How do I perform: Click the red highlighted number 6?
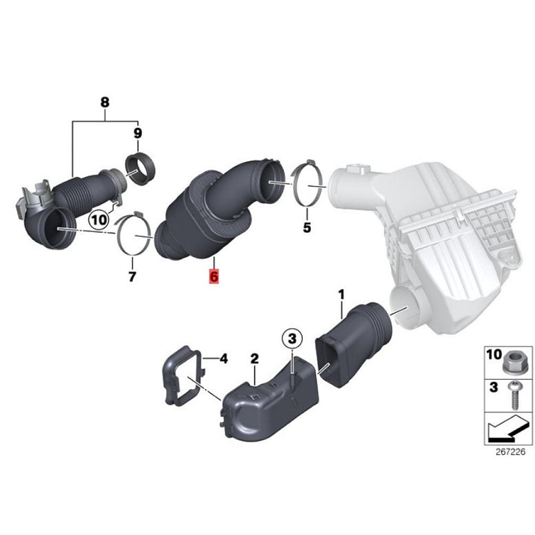[214, 276]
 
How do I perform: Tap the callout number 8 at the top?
[105, 102]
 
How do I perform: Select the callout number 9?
[138, 133]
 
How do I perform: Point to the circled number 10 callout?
[99, 220]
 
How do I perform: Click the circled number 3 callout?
[292, 339]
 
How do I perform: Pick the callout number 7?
[132, 276]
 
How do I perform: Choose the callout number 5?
[307, 227]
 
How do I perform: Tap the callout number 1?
[341, 294]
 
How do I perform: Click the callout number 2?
[255, 358]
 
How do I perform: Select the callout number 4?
[223, 358]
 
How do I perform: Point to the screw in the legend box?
[514, 396]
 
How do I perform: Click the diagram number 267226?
[510, 452]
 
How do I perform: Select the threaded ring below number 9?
[140, 170]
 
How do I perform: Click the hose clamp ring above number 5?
[307, 183]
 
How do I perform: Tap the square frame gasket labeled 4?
[182, 376]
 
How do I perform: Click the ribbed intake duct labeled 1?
[353, 344]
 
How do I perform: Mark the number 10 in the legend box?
[494, 354]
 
